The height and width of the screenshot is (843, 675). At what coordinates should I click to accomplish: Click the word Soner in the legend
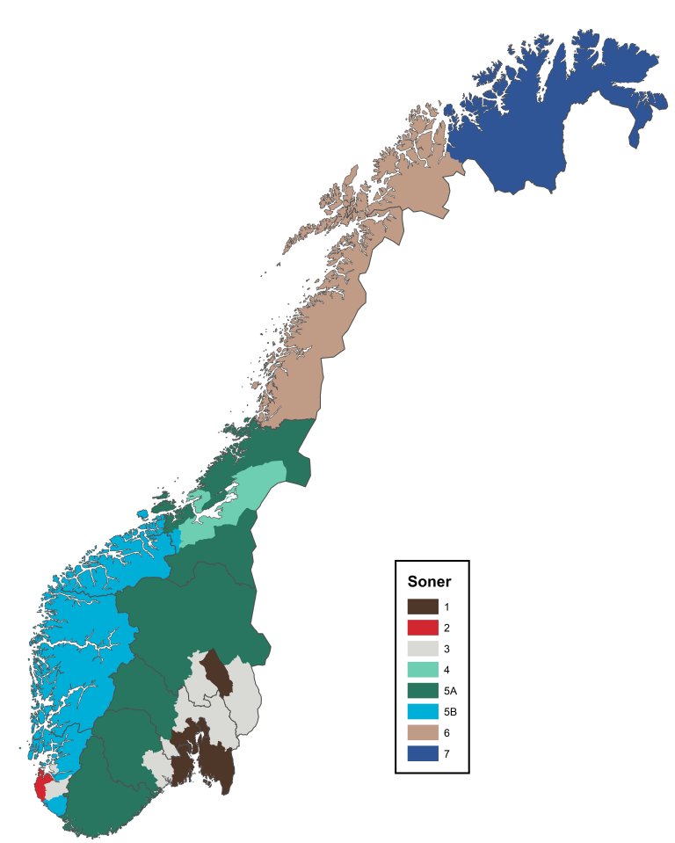[x=430, y=582]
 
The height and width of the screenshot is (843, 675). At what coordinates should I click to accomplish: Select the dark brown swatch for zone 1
[x=423, y=607]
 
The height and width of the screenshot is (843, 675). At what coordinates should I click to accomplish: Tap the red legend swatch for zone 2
[x=423, y=628]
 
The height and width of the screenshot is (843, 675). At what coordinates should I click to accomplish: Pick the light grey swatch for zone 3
[x=423, y=649]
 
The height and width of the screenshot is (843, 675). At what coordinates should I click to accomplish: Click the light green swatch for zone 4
[x=423, y=670]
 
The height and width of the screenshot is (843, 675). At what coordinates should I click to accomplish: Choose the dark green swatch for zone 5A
[x=423, y=691]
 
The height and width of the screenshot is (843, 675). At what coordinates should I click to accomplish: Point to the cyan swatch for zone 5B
[x=423, y=712]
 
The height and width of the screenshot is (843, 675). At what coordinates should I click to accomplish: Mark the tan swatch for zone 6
[x=423, y=733]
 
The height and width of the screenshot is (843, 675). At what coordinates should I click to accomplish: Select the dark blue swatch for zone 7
[x=423, y=753]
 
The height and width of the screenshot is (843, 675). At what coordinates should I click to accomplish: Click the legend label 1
[x=446, y=607]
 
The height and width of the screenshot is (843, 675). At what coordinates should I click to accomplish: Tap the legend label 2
[x=446, y=629]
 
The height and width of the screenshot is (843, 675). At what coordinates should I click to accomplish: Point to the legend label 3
[x=446, y=650]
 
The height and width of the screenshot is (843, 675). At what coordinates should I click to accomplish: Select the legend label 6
[x=446, y=733]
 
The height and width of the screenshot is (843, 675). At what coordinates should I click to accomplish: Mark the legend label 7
[x=446, y=754]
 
